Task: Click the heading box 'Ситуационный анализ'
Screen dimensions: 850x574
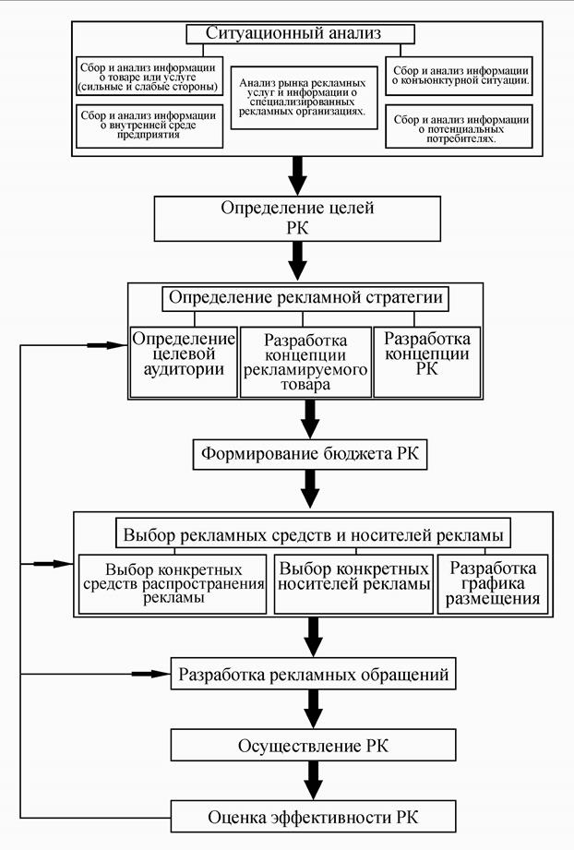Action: pyautogui.click(x=299, y=33)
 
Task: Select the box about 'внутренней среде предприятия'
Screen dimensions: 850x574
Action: pyautogui.click(x=149, y=126)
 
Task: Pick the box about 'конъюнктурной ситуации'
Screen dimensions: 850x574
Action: pyautogui.click(x=459, y=75)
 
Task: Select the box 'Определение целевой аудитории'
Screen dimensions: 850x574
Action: pyautogui.click(x=185, y=361)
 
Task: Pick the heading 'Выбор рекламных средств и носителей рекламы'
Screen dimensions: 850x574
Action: pyautogui.click(x=314, y=533)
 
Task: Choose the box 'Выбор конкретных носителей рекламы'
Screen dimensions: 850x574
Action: pyautogui.click(x=353, y=583)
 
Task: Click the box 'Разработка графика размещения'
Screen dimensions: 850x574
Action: pyautogui.click(x=492, y=583)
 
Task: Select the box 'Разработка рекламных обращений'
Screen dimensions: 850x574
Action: pyautogui.click(x=314, y=675)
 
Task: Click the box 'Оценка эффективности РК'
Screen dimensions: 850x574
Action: pyautogui.click(x=314, y=816)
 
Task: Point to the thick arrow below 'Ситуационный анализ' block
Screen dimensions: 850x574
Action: pyautogui.click(x=297, y=172)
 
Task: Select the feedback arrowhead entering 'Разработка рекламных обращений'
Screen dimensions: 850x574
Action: pyautogui.click(x=157, y=674)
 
